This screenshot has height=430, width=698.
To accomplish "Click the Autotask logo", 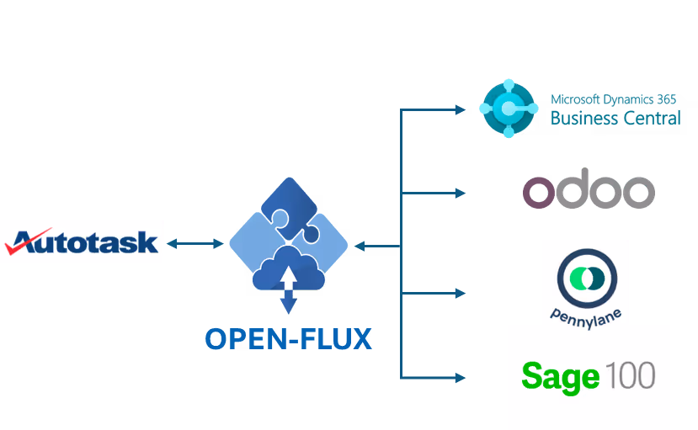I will coord(82,242).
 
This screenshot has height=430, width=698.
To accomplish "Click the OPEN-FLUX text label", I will coord(289,338).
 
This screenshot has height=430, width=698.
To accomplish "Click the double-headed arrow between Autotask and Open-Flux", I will coord(195,244).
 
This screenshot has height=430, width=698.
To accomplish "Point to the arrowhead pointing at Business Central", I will coord(460,109).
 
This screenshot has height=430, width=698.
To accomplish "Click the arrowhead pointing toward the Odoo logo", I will coord(460,194).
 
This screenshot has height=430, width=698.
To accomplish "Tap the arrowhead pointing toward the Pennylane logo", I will coord(460,294).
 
